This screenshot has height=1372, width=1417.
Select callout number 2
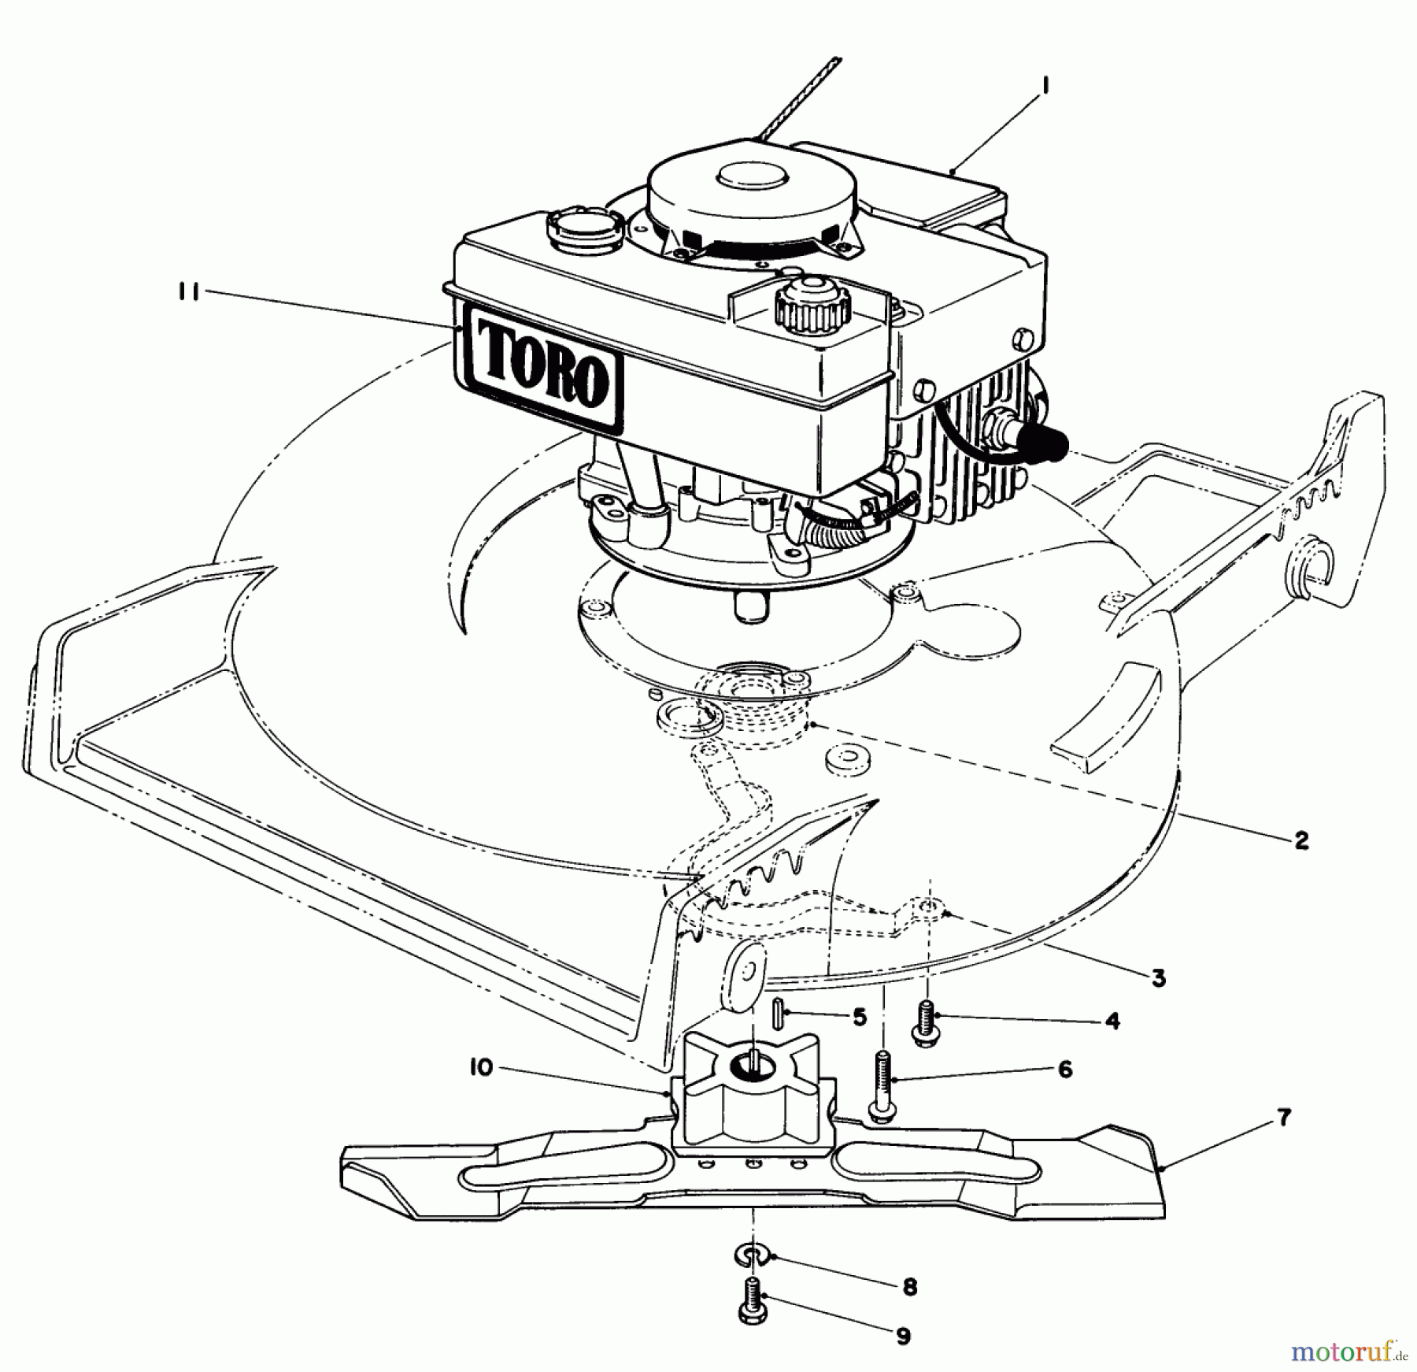pyautogui.click(x=1301, y=840)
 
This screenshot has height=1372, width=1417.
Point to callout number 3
pyautogui.click(x=1157, y=978)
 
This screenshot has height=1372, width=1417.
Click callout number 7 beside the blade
pyautogui.click(x=1284, y=1118)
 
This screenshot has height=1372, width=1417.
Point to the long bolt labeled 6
pyautogui.click(x=882, y=1084)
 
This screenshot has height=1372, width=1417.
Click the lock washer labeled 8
pyautogui.click(x=753, y=1254)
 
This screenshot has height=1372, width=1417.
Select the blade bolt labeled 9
pyautogui.click(x=752, y=1307)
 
